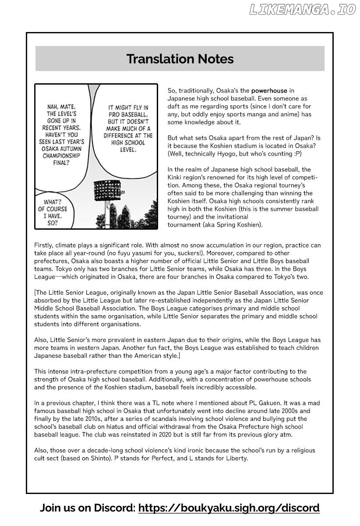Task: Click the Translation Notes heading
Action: click(180, 59)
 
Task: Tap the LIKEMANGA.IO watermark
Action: click(302, 10)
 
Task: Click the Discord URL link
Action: click(229, 508)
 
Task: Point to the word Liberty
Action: click(236, 458)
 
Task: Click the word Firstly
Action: click(44, 245)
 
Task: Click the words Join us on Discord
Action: click(87, 508)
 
